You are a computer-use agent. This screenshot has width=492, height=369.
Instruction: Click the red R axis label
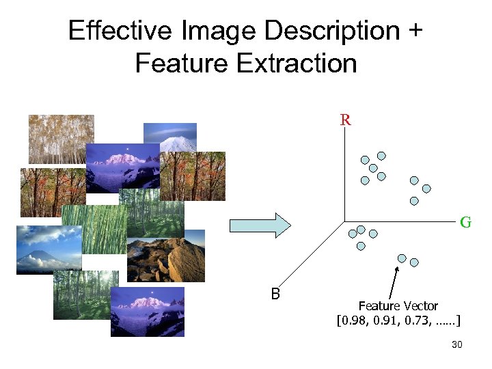[x=346, y=121]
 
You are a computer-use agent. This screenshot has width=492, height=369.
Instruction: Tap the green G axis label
[x=465, y=222]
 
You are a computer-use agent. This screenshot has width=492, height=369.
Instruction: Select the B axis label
[x=275, y=295]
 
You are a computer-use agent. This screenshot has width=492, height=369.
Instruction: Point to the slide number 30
[x=457, y=345]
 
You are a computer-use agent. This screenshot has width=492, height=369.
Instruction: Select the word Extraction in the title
[x=297, y=64]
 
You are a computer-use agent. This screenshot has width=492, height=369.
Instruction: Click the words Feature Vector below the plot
[x=398, y=305]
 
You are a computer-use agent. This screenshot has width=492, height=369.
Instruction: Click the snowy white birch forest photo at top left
[x=61, y=139]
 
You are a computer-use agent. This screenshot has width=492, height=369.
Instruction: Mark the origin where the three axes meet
[x=346, y=221]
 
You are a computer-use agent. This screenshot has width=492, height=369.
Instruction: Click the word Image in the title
[x=221, y=31]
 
